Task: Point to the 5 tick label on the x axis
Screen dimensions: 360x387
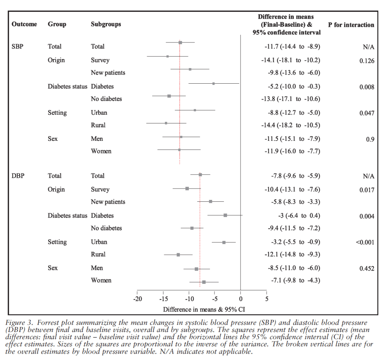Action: click(266, 298)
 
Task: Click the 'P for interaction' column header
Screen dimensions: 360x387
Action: click(351, 25)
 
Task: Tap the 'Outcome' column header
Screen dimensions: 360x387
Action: click(25, 24)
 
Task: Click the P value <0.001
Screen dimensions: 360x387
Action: click(365, 242)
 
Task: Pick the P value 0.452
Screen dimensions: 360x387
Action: click(367, 269)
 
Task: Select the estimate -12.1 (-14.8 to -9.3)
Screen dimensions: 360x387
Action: click(292, 254)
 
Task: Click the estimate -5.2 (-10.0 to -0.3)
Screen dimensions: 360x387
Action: click(292, 87)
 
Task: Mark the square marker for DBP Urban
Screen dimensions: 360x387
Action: click(224, 242)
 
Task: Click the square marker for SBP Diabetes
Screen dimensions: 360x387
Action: click(213, 83)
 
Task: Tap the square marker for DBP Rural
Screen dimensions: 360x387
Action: click(178, 255)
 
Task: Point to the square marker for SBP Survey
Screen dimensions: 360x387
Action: click(167, 56)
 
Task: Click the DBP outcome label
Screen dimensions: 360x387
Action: click(18, 176)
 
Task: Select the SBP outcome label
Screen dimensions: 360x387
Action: click(18, 47)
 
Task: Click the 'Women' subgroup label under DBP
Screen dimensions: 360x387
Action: click(101, 281)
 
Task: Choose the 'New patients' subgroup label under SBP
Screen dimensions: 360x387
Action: click(108, 72)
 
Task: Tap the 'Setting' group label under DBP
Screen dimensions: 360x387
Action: click(57, 242)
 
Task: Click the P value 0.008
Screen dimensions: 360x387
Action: click(367, 87)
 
